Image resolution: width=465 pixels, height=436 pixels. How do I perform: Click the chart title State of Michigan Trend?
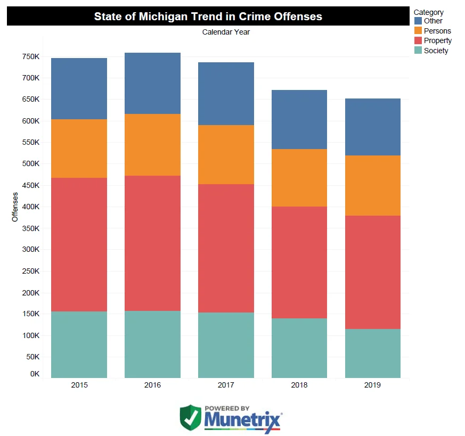click(x=208, y=16)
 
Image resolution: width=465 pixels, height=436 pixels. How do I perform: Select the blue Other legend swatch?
click(x=418, y=21)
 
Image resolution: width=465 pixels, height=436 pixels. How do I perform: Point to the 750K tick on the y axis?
click(x=31, y=56)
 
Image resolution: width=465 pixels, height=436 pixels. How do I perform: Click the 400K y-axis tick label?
click(x=31, y=207)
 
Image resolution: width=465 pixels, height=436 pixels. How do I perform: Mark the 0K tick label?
click(x=35, y=374)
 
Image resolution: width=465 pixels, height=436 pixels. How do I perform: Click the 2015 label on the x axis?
click(x=79, y=385)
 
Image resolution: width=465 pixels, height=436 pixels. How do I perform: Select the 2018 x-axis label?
click(x=299, y=385)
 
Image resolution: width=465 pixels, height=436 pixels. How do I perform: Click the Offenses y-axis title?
click(x=15, y=207)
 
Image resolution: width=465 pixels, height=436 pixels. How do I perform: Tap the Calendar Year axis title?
click(x=226, y=32)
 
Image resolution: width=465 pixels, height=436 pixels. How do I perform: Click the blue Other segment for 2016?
click(x=152, y=83)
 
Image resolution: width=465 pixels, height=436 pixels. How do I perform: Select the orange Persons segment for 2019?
click(x=372, y=185)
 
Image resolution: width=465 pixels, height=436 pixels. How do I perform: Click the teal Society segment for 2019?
click(x=372, y=353)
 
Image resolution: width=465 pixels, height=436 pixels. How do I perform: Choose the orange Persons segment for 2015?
click(x=79, y=148)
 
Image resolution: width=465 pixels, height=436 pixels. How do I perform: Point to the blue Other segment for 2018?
click(x=299, y=119)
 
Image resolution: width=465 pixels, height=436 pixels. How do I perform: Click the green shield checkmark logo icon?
click(x=190, y=419)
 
